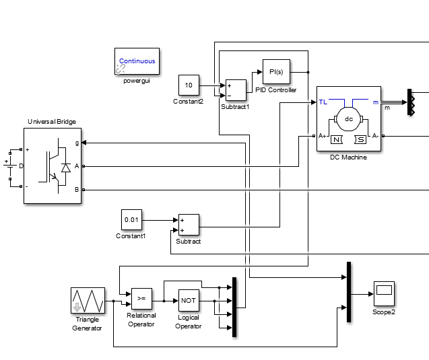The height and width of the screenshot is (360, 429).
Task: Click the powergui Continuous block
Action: (x=137, y=61)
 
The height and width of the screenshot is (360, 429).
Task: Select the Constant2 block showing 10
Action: (x=189, y=85)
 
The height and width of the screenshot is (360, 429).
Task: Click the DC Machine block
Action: (x=349, y=120)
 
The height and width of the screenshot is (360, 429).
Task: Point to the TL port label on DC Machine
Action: (x=323, y=102)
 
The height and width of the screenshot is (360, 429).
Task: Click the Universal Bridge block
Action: (x=52, y=166)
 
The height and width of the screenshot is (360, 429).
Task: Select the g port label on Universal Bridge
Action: (x=76, y=143)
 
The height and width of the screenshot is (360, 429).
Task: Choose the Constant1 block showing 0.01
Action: (x=131, y=219)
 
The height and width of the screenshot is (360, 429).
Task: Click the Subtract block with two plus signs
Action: (x=189, y=225)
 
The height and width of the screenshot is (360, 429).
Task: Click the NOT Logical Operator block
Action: (x=189, y=300)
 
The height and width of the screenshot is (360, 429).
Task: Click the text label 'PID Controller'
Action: (x=276, y=90)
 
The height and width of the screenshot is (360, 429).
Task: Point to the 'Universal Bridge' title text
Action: (x=52, y=122)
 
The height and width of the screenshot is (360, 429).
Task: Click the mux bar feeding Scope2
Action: (x=348, y=291)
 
